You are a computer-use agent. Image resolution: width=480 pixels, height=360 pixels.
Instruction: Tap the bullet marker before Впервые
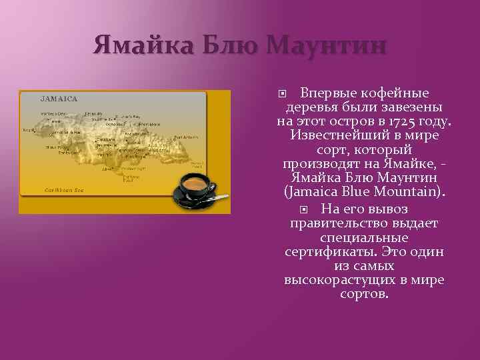click(x=283, y=93)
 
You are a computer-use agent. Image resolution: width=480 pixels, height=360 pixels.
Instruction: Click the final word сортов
click(x=364, y=294)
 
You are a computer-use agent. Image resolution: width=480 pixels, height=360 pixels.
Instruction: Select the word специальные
click(x=363, y=237)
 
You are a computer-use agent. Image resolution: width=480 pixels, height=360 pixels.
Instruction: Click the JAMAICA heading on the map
click(x=59, y=99)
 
